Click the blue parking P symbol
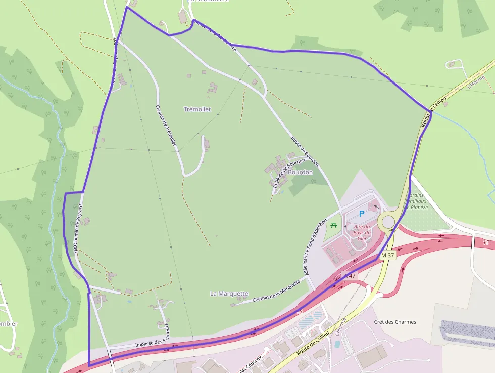click(x=361, y=214)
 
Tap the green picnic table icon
click(x=333, y=225)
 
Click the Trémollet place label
click(x=197, y=109)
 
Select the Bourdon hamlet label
click(x=301, y=172)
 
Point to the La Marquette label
click(x=229, y=294)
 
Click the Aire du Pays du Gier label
click(x=362, y=233)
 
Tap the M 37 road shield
click(x=388, y=255)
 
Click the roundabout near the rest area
click(x=388, y=222)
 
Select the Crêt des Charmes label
click(x=395, y=322)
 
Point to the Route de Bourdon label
click(x=305, y=152)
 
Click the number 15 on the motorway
click(x=486, y=243)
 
